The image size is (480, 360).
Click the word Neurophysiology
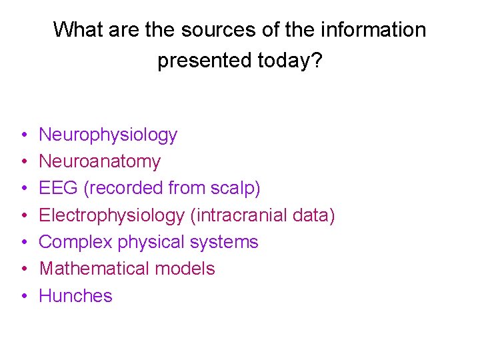pyautogui.click(x=108, y=135)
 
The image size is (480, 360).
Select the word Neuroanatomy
pyautogui.click(x=100, y=161)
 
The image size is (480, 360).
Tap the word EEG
pyautogui.click(x=59, y=188)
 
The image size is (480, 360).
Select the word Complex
pyautogui.click(x=76, y=242)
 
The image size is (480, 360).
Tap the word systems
pyautogui.click(x=223, y=242)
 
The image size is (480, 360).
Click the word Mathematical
pyautogui.click(x=96, y=269)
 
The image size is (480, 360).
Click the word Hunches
pyautogui.click(x=75, y=295)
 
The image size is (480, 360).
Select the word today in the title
pyautogui.click(x=285, y=61)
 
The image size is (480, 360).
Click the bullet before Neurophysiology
pyautogui.click(x=23, y=135)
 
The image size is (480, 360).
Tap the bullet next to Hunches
pyautogui.click(x=23, y=296)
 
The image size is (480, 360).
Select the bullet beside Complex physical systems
pyautogui.click(x=23, y=243)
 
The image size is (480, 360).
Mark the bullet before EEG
pyautogui.click(x=23, y=189)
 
